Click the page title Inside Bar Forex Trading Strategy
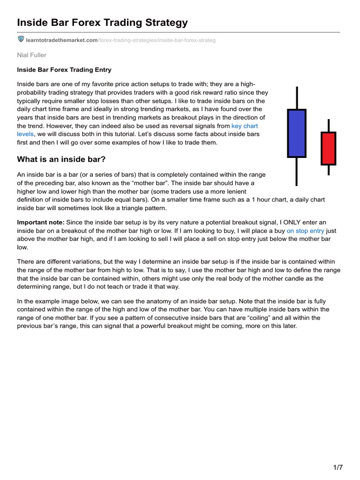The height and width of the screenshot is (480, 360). pos(102,22)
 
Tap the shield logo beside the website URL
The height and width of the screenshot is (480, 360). pos(21,39)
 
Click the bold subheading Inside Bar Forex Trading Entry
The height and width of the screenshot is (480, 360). pos(64,70)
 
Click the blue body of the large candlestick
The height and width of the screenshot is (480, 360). pos(296,133)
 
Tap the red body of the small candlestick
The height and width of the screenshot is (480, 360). pos(328,149)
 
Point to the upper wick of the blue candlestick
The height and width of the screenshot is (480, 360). pos(296,98)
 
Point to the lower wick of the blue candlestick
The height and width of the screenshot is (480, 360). pos(296,171)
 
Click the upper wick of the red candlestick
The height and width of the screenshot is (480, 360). pos(328,126)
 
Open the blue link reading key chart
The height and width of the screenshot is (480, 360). pos(245,126)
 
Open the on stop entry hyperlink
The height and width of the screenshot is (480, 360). pos(305,231)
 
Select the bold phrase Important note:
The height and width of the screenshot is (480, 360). pos(41,223)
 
